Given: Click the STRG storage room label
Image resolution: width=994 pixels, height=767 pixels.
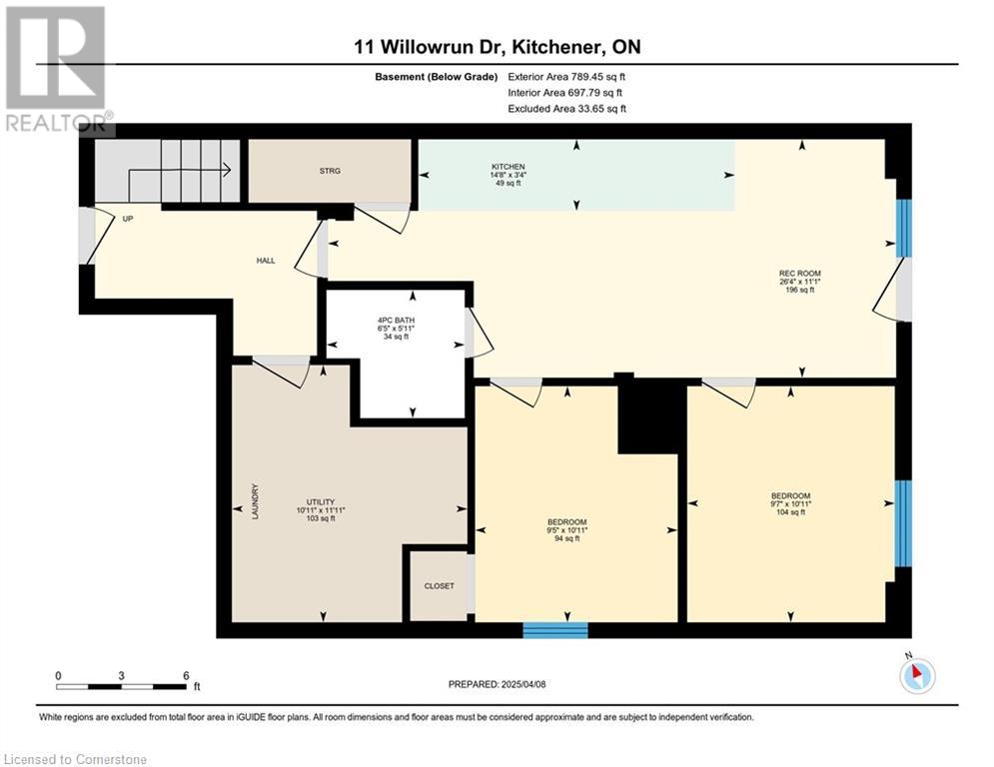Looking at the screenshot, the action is coord(330,171).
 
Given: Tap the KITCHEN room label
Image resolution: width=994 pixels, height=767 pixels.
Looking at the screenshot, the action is coord(508,167).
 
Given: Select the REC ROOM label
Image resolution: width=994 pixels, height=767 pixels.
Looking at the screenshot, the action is coord(800,274).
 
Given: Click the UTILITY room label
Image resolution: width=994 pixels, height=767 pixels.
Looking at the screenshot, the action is coord(321,502).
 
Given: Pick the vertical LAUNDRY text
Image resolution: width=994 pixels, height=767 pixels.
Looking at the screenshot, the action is coord(256,502).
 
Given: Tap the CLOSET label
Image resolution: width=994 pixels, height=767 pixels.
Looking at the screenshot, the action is coord(440,586).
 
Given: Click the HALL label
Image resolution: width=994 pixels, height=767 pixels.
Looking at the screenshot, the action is coord(266,261).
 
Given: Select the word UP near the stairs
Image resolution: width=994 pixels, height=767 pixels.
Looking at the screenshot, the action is coord(128,219).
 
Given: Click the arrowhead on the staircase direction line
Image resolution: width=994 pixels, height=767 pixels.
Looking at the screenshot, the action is coord(226,169).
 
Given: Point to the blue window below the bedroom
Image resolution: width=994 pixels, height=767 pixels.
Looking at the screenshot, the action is coord(555,630).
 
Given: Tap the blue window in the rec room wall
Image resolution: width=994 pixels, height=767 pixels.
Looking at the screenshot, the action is coord(904,228).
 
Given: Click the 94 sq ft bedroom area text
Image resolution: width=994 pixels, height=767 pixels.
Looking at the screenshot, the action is coord(567,538).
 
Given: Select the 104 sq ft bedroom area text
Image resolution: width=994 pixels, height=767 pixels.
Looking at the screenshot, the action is coord(790,511).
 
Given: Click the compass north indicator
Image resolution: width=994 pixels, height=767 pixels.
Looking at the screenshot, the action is coord(917,674).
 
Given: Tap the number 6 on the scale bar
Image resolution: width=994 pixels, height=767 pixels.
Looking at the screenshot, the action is coord(186,676).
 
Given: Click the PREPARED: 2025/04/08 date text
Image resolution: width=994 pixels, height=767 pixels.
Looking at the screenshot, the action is coord(497,684).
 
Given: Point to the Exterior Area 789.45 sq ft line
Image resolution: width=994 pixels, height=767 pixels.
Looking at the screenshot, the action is coord(566,77).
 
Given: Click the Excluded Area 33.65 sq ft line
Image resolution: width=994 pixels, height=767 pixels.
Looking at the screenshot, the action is coord(566,109).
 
